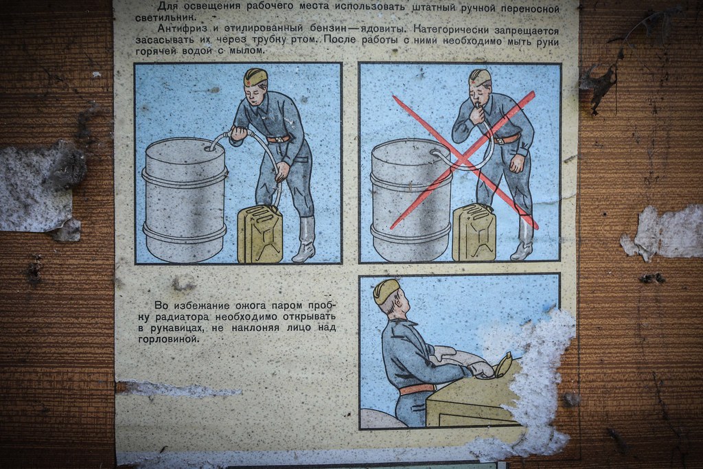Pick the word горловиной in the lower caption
pyautogui.click(x=168, y=339)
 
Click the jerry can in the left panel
pyautogui.click(x=260, y=233)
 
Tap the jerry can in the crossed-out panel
pyautogui.click(x=474, y=232)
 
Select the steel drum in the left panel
pyautogui.click(x=185, y=200)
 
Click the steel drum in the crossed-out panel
pyautogui.click(x=411, y=200)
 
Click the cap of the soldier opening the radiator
pyautogui.click(x=386, y=290)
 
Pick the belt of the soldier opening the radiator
pyautogui.click(x=417, y=389)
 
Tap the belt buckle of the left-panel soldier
pyautogui.click(x=280, y=139)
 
